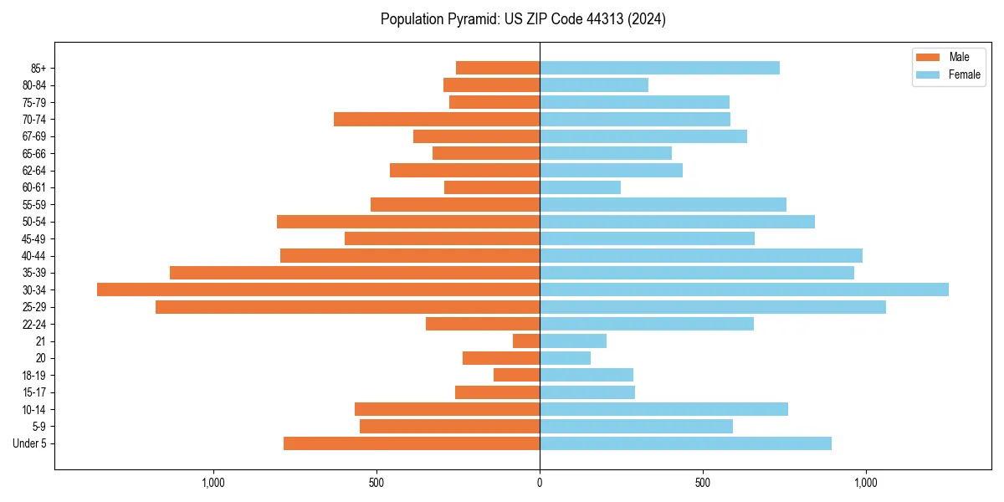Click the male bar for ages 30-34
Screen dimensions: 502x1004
tap(318, 289)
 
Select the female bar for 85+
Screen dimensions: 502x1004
tap(659, 68)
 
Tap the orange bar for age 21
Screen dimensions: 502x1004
tap(526, 341)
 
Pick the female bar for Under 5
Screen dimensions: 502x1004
tap(685, 443)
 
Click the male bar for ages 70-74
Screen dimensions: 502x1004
tap(437, 120)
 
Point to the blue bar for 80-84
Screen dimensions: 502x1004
tap(594, 85)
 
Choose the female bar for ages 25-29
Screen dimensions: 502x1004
tap(713, 307)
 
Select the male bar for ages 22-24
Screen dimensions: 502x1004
tap(483, 324)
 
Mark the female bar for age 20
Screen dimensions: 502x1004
tap(565, 358)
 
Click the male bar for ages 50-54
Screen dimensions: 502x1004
tap(408, 222)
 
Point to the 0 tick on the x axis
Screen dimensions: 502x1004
tap(540, 483)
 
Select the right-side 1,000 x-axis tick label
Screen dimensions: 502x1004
tap(865, 483)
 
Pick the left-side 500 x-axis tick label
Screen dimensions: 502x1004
tap(376, 483)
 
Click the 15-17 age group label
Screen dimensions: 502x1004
tap(34, 392)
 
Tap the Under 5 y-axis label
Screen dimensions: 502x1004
tap(29, 443)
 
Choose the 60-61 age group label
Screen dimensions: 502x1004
tap(34, 187)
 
